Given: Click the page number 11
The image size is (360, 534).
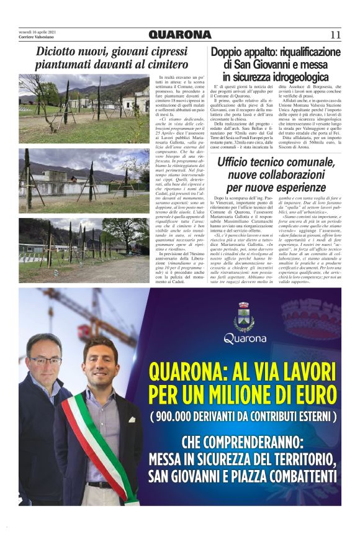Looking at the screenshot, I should pyautogui.click(x=335, y=35).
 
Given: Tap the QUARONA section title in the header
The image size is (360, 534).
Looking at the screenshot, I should pyautogui.click(x=180, y=35).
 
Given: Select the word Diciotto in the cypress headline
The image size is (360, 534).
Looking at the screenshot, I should pyautogui.click(x=58, y=52).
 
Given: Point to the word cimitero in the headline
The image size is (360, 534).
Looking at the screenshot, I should pyautogui.click(x=164, y=64).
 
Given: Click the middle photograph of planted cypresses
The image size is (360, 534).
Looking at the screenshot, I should pyautogui.click(x=84, y=173).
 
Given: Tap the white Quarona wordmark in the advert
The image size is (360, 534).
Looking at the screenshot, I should pyautogui.click(x=245, y=339).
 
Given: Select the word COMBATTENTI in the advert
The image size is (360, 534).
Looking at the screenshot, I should pyautogui.click(x=291, y=477).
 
